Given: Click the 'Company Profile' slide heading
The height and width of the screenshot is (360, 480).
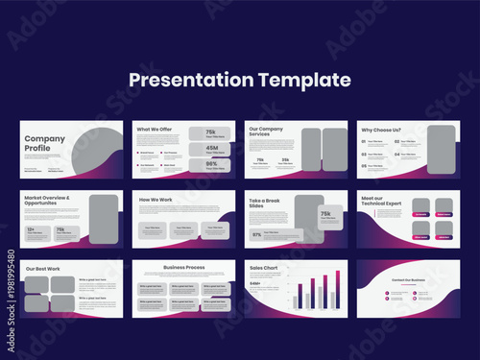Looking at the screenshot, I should pyautogui.click(x=39, y=143).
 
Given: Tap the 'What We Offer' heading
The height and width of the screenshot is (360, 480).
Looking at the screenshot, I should pyautogui.click(x=154, y=129).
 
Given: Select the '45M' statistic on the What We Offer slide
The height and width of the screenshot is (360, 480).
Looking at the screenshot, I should pyautogui.click(x=209, y=148).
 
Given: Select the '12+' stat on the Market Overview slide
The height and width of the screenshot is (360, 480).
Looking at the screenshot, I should pyautogui.click(x=32, y=229).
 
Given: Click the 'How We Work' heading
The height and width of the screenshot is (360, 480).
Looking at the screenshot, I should pyautogui.click(x=156, y=200).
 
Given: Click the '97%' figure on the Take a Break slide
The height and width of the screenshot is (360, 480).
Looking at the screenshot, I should pyautogui.click(x=257, y=234).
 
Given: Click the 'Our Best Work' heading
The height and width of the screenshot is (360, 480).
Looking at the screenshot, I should pyautogui.click(x=42, y=268).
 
